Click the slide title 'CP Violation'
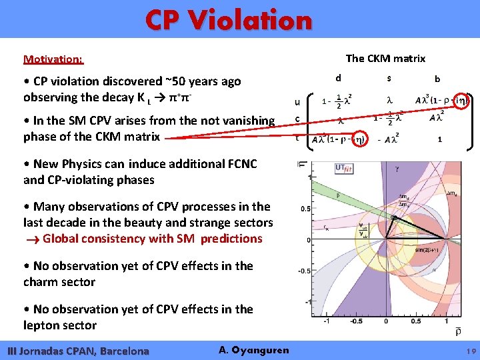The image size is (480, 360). (229, 20)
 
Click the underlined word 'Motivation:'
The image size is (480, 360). (53, 59)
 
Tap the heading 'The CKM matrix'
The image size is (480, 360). (385, 59)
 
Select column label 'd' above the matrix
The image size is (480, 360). (338, 78)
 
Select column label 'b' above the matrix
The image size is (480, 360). (437, 79)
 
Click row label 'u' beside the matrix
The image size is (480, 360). (297, 103)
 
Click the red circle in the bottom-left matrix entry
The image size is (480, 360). (358, 140)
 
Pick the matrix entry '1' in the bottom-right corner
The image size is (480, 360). (439, 140)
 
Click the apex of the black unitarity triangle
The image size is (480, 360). (395, 217)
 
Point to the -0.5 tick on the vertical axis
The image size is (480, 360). (303, 271)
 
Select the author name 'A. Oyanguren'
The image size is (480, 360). (253, 350)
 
